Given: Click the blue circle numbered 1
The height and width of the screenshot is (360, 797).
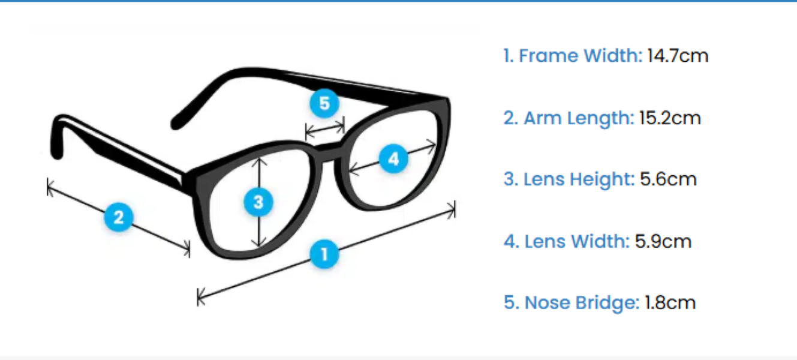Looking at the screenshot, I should click(x=324, y=254).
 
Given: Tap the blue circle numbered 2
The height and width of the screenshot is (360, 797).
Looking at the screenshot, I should click(x=119, y=217).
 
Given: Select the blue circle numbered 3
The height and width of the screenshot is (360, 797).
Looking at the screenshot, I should click(x=258, y=202).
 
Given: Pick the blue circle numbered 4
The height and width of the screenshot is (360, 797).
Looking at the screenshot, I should click(x=393, y=159).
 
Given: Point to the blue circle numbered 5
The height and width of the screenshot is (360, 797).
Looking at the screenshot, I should click(x=324, y=103).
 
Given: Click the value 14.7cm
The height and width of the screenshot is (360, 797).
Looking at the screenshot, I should click(x=678, y=56).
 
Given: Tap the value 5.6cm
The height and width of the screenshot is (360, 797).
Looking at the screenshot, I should click(x=668, y=179).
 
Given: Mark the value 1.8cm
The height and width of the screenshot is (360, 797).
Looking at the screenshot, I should click(x=670, y=302).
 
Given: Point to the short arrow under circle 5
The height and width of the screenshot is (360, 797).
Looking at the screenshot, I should click(x=325, y=127).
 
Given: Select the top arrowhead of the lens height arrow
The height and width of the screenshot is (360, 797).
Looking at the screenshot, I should click(x=258, y=161).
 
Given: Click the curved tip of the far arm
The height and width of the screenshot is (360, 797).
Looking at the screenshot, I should click(x=178, y=123).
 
